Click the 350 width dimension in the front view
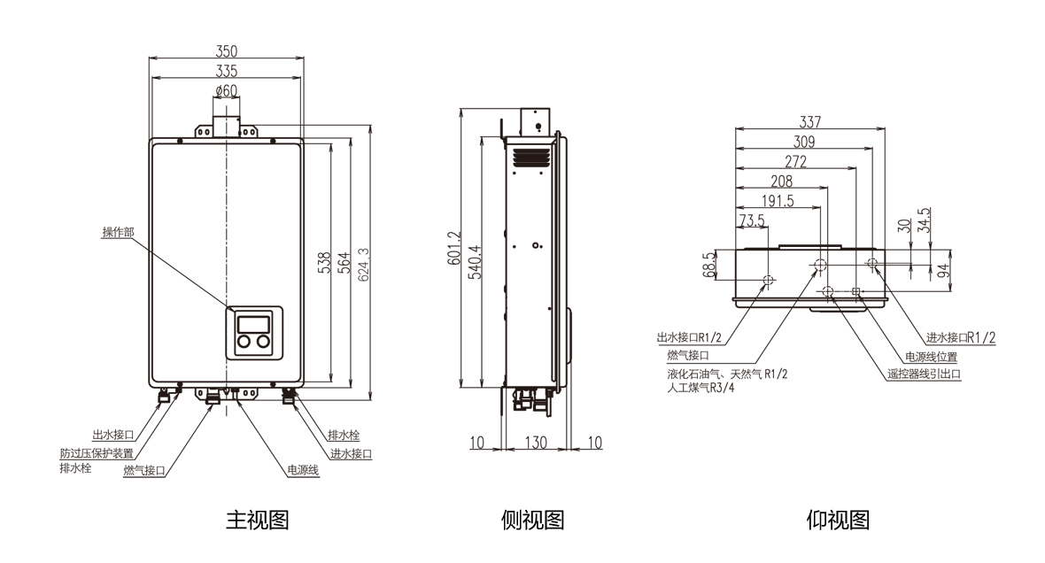pyautogui.click(x=228, y=51)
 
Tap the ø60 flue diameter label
pyautogui.click(x=227, y=90)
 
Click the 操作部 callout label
pyautogui.click(x=118, y=233)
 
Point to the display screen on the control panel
pyautogui.click(x=254, y=322)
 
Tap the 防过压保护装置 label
pyautogui.click(x=97, y=452)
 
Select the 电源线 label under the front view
pyautogui.click(x=303, y=470)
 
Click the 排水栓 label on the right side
pyautogui.click(x=344, y=436)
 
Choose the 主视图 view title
pyautogui.click(x=258, y=520)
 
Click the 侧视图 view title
pyautogui.click(x=532, y=520)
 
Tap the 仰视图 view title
pyautogui.click(x=838, y=520)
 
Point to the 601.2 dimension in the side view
pyautogui.click(x=453, y=249)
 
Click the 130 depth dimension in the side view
pyautogui.click(x=534, y=443)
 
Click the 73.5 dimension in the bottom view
pyautogui.click(x=752, y=220)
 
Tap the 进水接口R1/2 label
pyautogui.click(x=961, y=337)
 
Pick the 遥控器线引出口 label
pyautogui.click(x=924, y=374)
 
